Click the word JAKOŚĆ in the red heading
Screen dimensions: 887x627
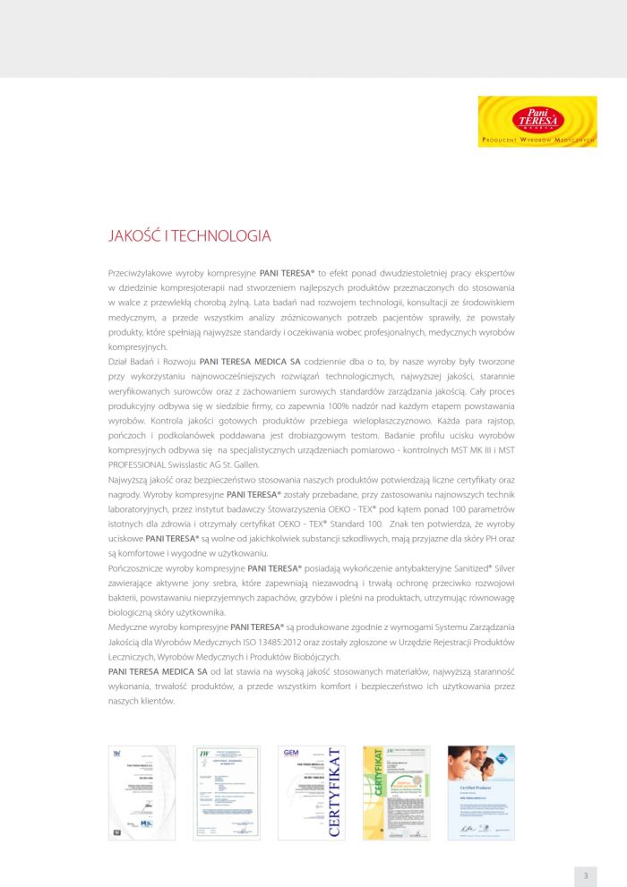click(x=133, y=236)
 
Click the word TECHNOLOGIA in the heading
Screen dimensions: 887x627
click(x=220, y=236)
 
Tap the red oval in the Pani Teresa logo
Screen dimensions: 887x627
click(x=537, y=118)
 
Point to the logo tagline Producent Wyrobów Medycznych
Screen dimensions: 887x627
click(x=537, y=141)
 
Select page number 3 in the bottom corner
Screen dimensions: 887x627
click(x=585, y=875)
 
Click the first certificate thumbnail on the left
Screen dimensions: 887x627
click(x=142, y=792)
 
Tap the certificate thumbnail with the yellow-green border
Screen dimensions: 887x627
click(x=396, y=792)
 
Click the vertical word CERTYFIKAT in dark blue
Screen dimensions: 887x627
click(x=335, y=792)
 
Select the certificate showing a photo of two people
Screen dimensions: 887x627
click(x=481, y=792)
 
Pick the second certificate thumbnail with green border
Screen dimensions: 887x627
click(x=227, y=792)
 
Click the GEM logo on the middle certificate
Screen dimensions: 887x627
click(x=290, y=753)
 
